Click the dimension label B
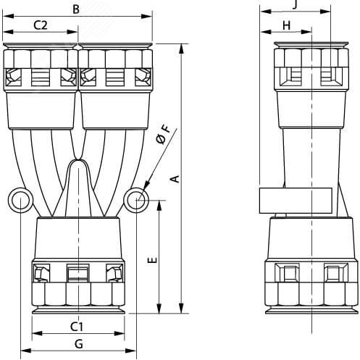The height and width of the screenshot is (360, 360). [76, 9]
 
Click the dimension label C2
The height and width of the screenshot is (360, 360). [41, 25]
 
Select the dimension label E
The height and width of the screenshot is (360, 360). [153, 260]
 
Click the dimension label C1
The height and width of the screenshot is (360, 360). [77, 327]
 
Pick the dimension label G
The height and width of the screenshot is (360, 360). [79, 344]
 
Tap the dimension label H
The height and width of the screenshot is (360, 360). [286, 25]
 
